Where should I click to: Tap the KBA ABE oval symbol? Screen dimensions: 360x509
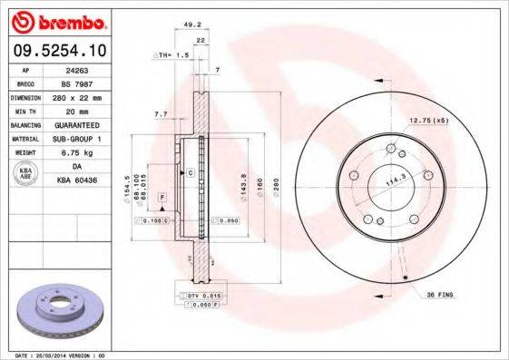coord(24,173)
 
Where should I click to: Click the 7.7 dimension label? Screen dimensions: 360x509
coord(161,114)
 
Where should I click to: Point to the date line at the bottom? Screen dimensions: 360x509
coord(56,355)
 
